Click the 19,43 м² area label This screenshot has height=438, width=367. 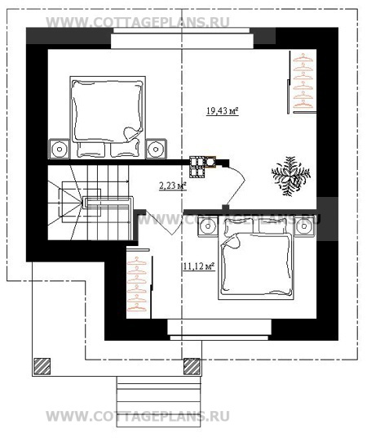point(223,111)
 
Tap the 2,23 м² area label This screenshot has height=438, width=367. point(173,185)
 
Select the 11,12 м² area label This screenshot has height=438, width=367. point(199,266)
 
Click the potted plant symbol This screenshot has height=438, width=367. point(291,176)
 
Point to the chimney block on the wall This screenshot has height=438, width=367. point(202,167)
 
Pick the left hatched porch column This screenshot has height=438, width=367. point(42,366)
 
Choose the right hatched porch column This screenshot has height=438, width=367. point(192,366)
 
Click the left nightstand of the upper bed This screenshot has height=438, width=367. point(59,149)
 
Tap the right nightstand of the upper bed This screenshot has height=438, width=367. point(156,149)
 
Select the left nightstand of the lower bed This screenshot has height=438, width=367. point(208,226)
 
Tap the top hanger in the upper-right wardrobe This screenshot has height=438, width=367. point(303,57)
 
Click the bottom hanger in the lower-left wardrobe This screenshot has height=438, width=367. point(137,307)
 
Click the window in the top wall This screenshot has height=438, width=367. point(182,38)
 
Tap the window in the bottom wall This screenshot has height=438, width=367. point(219,330)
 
